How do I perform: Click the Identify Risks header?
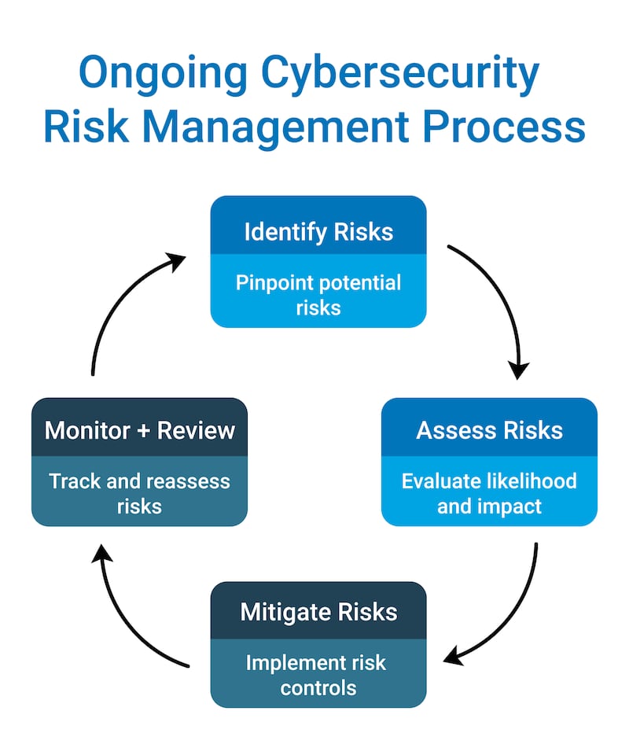pos(318,232)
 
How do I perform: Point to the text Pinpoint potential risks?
pos(318,294)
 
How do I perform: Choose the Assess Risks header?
pos(489,430)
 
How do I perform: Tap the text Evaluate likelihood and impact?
pos(489,492)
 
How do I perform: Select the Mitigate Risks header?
pos(318,612)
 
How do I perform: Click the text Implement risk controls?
pos(318,675)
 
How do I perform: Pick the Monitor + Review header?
pos(140,430)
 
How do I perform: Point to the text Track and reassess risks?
pos(140,492)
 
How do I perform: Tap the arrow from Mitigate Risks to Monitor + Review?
pos(126,613)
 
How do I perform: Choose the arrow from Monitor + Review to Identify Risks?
pos(118,307)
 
